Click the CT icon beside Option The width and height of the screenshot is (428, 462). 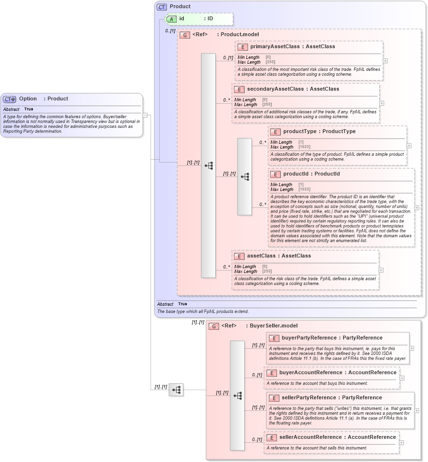point(10,99)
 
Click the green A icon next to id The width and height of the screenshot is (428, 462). point(171,19)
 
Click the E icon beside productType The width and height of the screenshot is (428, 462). point(275,132)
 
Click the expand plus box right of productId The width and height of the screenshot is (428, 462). point(417,208)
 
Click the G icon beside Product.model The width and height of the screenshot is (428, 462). point(184,35)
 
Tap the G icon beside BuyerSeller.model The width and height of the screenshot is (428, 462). point(213,326)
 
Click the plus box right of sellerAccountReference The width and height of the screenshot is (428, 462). point(401,443)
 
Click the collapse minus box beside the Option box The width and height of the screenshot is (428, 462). point(145,115)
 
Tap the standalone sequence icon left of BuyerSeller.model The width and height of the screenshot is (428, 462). point(176,390)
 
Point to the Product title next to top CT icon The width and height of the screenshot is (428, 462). point(180,7)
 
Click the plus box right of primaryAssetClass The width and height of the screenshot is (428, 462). point(385,61)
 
